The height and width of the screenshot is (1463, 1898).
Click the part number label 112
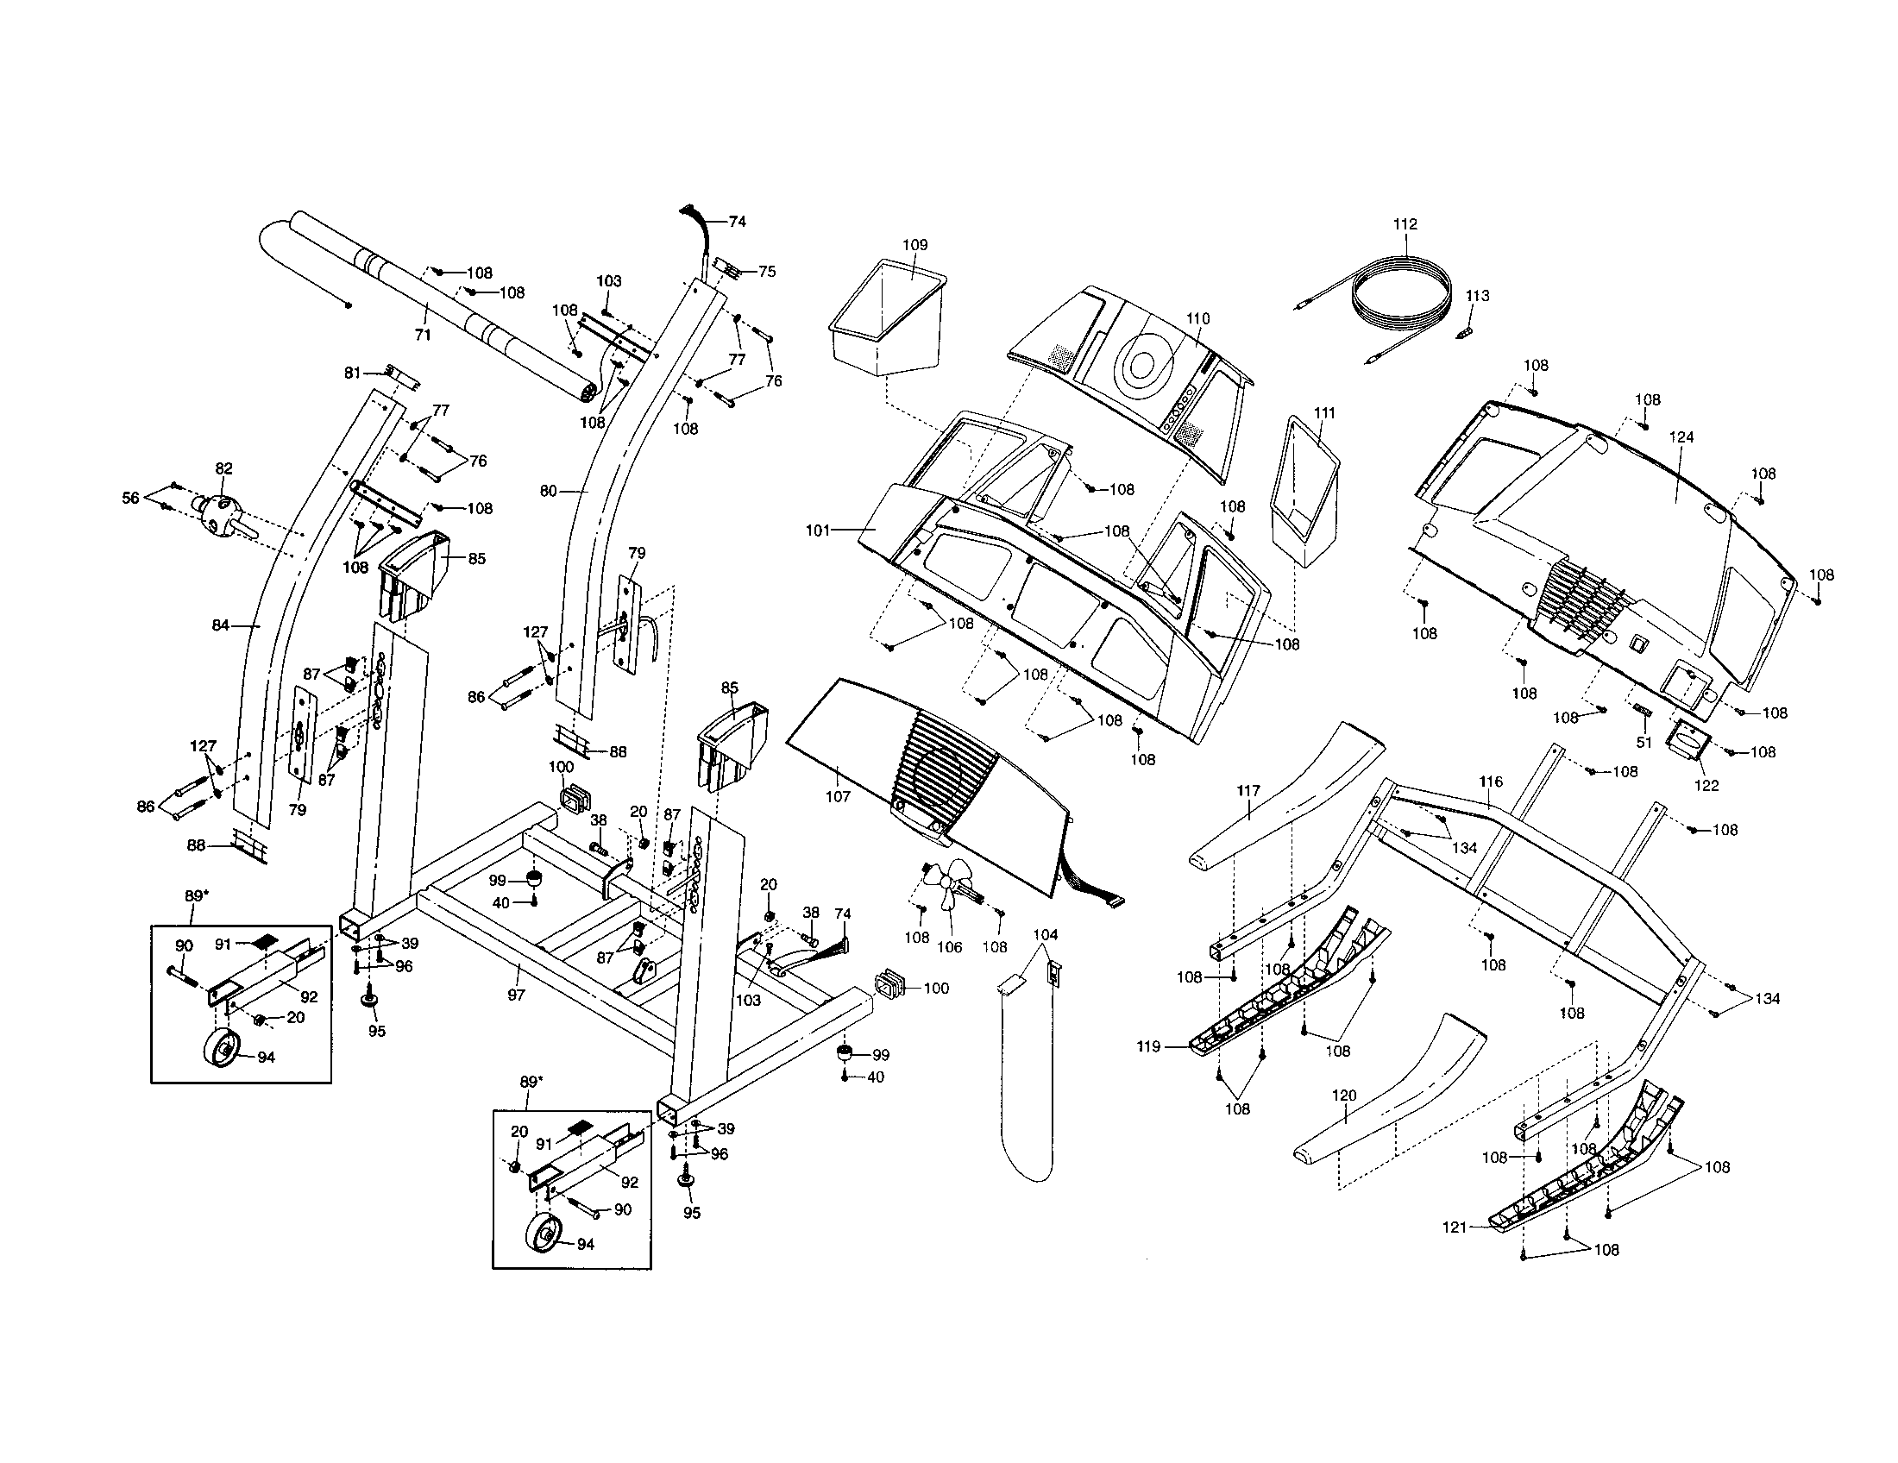pyautogui.click(x=1405, y=224)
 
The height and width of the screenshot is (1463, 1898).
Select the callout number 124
pyautogui.click(x=1681, y=437)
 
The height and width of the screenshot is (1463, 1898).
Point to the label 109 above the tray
pyautogui.click(x=914, y=245)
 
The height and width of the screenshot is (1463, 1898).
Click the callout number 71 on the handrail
pyautogui.click(x=423, y=335)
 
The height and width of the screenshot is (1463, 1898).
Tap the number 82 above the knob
pyautogui.click(x=223, y=468)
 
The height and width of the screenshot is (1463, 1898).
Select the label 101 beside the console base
pyautogui.click(x=818, y=530)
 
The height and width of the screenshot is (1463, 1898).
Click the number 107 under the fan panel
pyautogui.click(x=838, y=796)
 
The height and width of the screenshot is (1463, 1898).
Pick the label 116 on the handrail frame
pyautogui.click(x=1491, y=782)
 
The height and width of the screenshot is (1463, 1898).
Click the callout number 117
pyautogui.click(x=1248, y=790)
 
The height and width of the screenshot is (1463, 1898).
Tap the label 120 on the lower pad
pyautogui.click(x=1343, y=1096)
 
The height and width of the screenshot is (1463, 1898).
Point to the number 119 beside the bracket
pyautogui.click(x=1148, y=1047)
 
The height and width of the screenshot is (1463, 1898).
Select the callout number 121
pyautogui.click(x=1455, y=1228)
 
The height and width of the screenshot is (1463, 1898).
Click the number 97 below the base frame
pyautogui.click(x=516, y=995)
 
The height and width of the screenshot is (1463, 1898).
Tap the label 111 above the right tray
pyautogui.click(x=1324, y=412)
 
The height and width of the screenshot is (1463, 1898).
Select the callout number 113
pyautogui.click(x=1476, y=295)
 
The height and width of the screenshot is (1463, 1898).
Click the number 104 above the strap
pyautogui.click(x=1046, y=935)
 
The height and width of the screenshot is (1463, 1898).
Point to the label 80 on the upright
pyautogui.click(x=548, y=491)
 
